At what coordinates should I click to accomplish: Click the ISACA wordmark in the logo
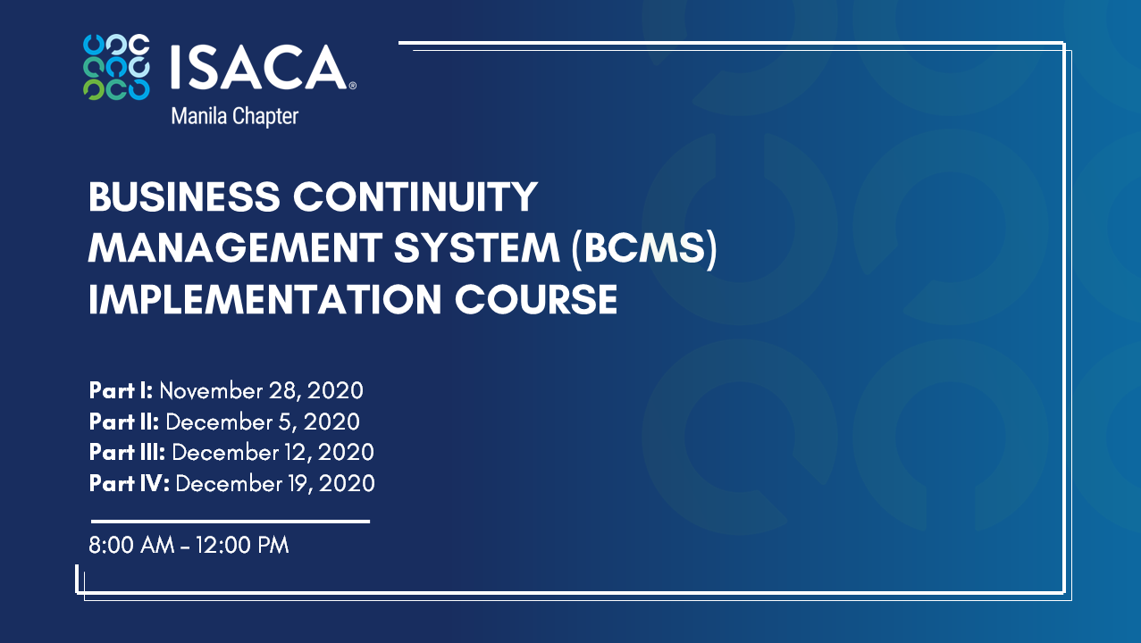tap(259, 67)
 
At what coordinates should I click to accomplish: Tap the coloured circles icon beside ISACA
tap(116, 66)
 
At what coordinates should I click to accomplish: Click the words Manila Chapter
tap(233, 116)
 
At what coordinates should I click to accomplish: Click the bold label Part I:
tap(122, 391)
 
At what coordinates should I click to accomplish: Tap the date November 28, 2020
tap(261, 391)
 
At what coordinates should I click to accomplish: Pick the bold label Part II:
tap(124, 422)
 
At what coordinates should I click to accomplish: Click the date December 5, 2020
tap(263, 422)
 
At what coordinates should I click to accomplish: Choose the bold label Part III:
tap(128, 452)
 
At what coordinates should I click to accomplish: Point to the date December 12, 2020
tap(273, 452)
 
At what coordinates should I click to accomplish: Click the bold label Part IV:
tap(130, 483)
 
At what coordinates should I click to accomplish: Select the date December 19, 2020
tap(275, 483)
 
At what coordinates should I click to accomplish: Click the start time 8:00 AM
tap(131, 545)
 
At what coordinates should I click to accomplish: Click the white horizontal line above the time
tap(230, 521)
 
